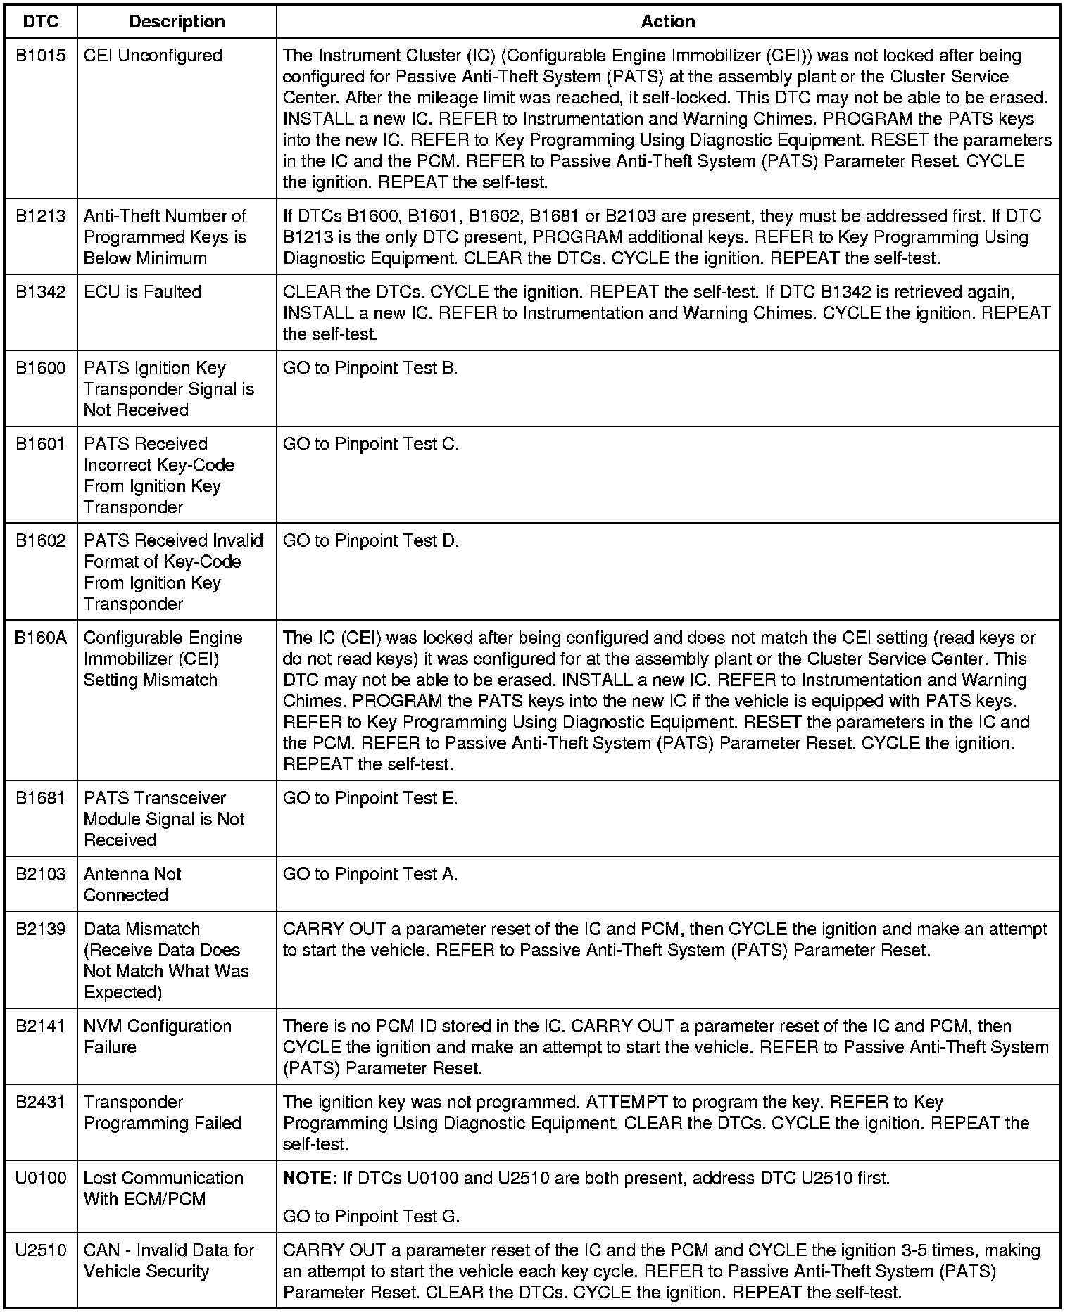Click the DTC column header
coord(41,22)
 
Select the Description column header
coord(177,22)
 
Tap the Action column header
coord(668,22)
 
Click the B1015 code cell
coord(41,56)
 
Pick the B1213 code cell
coord(41,216)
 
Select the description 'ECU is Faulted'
coord(142,292)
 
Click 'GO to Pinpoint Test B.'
coord(370,368)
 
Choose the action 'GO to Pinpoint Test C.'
coord(370,444)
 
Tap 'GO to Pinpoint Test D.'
coord(370,541)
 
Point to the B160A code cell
coord(41,638)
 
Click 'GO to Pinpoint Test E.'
coord(370,799)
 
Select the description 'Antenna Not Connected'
coord(132,884)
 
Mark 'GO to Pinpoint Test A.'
coord(370,875)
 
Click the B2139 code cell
coord(41,930)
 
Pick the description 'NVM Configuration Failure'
coord(157,1036)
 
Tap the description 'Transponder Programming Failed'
coord(162,1112)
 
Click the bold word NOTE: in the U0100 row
coord(310,1179)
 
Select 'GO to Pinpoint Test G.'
coord(371,1217)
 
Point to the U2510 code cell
coord(41,1250)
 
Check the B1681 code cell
coord(41,799)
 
